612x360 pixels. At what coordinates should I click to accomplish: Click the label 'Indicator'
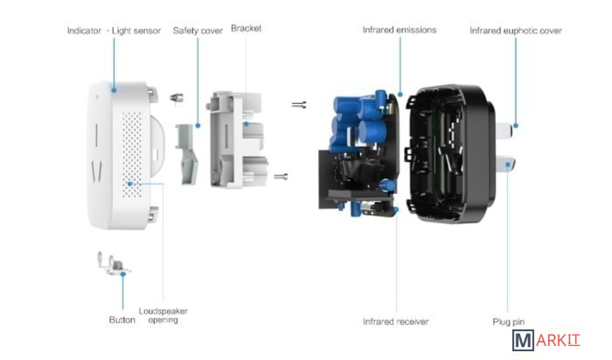84,31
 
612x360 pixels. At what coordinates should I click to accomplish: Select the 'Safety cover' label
197,31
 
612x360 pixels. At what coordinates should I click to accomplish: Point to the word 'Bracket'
246,29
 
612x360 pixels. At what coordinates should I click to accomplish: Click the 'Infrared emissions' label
399,31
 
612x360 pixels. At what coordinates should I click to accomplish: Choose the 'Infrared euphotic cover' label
515,31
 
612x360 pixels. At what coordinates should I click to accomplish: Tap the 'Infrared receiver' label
395,322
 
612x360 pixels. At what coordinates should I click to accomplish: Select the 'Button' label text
122,320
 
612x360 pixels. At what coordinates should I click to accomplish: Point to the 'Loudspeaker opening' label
163,315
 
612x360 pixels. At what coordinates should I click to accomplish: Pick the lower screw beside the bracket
282,177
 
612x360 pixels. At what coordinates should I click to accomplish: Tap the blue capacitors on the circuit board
359,122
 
